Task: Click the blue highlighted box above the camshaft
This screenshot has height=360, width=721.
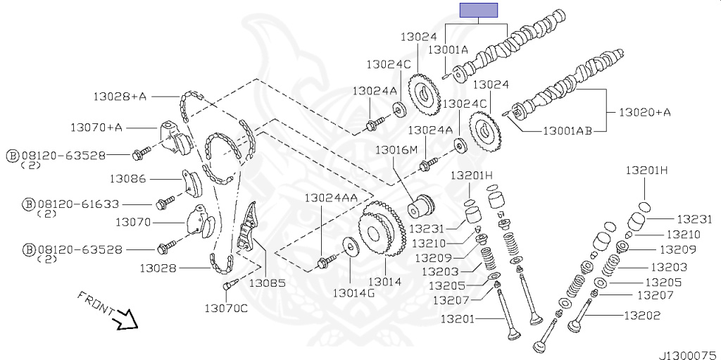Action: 479,10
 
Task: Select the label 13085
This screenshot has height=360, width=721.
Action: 267,283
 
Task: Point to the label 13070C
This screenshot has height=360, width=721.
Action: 226,308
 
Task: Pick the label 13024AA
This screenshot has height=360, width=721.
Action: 331,197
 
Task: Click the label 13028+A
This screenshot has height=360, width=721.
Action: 120,97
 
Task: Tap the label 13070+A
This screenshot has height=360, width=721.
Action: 96,127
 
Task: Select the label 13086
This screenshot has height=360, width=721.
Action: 128,178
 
